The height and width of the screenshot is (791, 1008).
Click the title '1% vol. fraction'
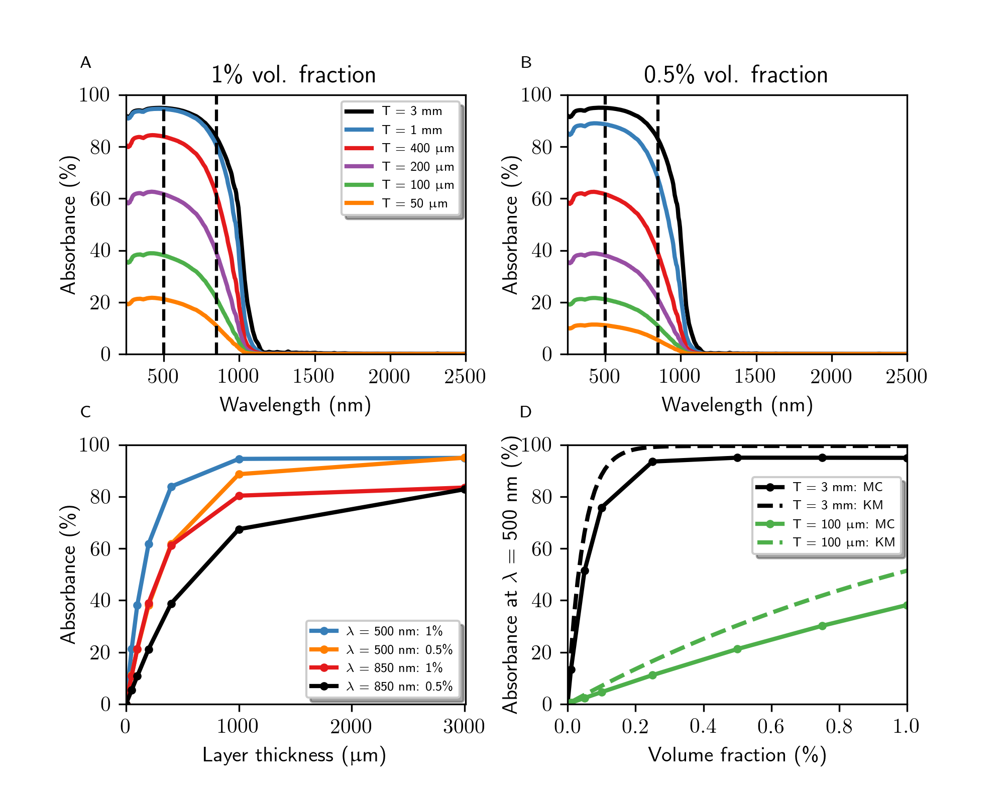click(293, 75)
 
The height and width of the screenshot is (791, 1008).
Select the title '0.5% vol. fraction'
click(736, 75)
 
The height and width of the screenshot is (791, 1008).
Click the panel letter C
click(86, 412)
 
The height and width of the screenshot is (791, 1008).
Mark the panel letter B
click(526, 63)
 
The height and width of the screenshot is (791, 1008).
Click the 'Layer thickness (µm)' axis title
click(294, 755)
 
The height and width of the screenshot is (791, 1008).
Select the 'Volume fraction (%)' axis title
click(737, 755)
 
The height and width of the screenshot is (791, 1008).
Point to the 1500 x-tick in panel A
click(314, 376)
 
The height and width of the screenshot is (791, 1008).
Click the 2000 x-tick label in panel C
click(351, 726)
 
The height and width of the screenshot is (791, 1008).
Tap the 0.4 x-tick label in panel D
click(703, 726)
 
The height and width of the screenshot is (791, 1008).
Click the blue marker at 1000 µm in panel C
click(239, 459)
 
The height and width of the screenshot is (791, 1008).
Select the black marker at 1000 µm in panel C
click(239, 529)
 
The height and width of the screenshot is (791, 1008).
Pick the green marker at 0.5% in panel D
click(737, 649)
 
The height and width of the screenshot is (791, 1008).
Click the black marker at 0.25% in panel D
click(652, 462)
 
